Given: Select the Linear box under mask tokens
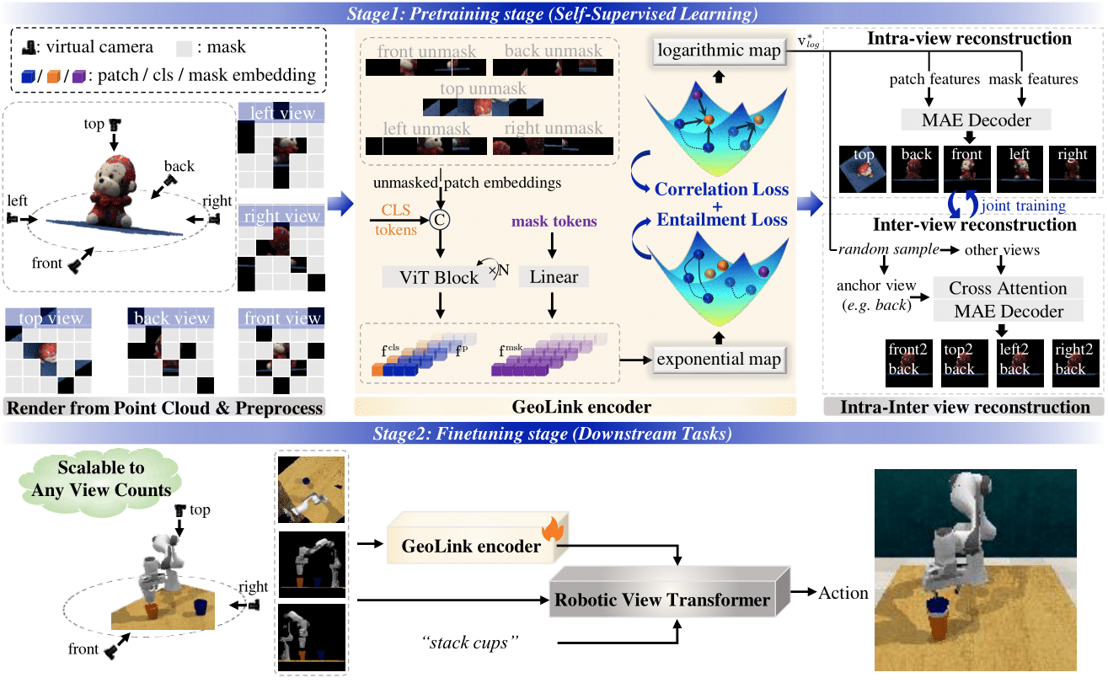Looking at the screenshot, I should click(553, 277).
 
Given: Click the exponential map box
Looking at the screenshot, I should click(718, 360).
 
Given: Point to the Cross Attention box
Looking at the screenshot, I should click(1008, 288).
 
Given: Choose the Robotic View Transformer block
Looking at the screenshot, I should click(662, 600).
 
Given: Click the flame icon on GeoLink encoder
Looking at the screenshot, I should click(553, 530).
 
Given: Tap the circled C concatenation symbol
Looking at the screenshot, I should click(438, 221).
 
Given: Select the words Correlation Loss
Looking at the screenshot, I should click(722, 189).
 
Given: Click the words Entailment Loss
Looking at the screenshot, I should click(722, 220).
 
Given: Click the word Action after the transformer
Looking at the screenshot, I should click(843, 593).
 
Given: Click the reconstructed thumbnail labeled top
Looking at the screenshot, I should click(863, 169).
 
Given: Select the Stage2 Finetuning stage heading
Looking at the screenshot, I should click(554, 435).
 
